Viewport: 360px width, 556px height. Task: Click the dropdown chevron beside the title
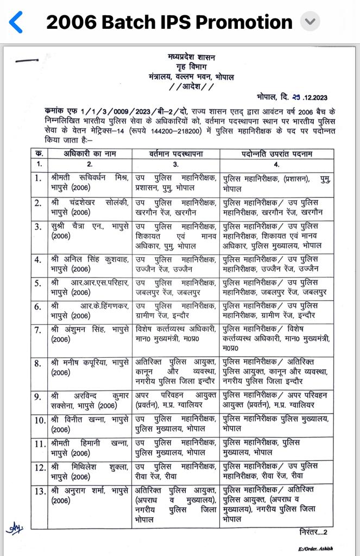310,22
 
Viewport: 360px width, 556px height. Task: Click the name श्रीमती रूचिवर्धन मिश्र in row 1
90,178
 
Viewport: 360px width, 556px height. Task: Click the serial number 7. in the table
38,330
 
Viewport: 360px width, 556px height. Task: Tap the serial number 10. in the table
39,420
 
